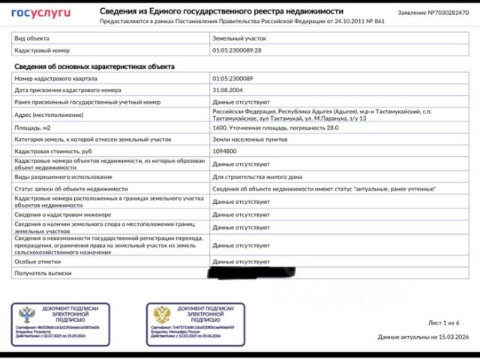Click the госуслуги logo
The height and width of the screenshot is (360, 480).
click(x=41, y=13)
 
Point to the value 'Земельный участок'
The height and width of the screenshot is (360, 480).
click(x=239, y=37)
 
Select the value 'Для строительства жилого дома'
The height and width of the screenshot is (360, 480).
click(x=257, y=176)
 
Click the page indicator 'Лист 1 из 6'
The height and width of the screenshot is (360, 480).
click(x=443, y=322)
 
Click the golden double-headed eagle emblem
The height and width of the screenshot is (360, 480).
click(x=162, y=315)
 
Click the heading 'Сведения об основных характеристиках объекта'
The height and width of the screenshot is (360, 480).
click(x=94, y=66)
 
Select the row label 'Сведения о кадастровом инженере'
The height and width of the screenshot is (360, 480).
click(x=64, y=214)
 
